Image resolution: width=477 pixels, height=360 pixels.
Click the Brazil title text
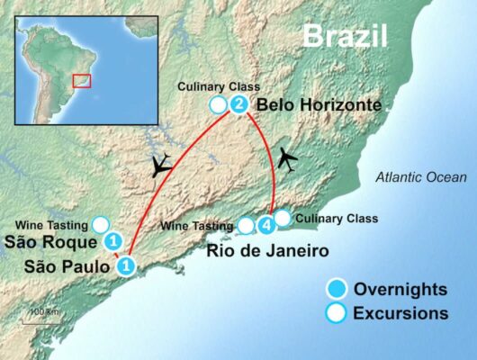coord(345,35)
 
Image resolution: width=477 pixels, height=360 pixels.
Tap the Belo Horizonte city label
coord(319,106)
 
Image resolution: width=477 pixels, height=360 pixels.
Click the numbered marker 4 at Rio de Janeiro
coord(265,224)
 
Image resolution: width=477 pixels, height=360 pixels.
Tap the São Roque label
coord(49,242)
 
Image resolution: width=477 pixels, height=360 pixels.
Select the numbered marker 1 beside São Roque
coord(113,242)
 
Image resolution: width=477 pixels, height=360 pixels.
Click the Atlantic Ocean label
coord(418,176)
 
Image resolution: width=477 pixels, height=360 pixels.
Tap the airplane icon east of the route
coord(288,158)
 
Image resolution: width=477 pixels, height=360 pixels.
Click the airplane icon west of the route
coord(162,165)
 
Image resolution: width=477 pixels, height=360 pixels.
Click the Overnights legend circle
coord(337,289)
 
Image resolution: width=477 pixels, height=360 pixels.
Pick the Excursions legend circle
coord(337,313)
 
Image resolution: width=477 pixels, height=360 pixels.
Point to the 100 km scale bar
coord(42,314)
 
